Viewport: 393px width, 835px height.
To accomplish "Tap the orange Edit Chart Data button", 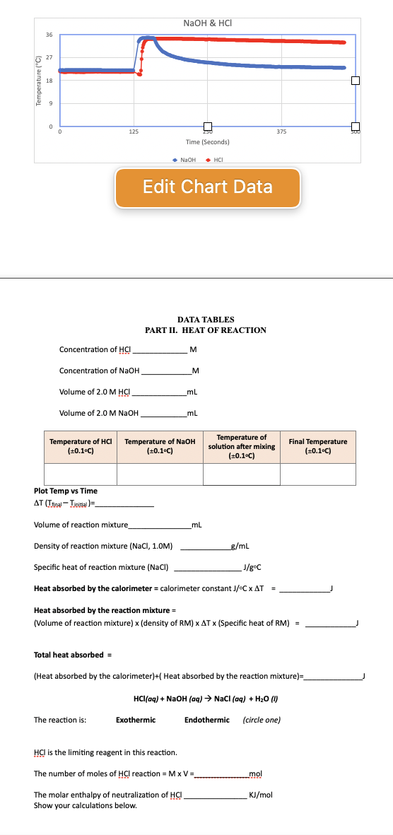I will click(208, 187).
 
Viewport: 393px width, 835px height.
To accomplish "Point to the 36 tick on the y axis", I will click(49, 36).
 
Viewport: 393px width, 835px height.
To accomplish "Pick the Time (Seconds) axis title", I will click(207, 142).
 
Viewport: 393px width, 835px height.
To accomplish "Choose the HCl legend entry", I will click(216, 158).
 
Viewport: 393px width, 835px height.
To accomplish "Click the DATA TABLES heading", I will click(206, 320).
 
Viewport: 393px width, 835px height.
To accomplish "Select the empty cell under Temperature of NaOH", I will click(160, 474).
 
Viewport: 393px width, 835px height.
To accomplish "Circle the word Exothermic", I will click(137, 720).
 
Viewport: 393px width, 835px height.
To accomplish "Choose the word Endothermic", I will click(207, 720).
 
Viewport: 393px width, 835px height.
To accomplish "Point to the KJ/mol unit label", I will click(262, 795).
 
